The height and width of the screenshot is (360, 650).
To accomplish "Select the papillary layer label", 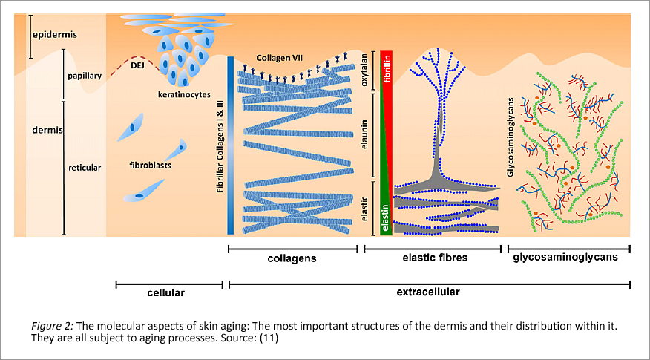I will click(83, 75).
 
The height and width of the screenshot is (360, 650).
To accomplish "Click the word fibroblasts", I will click(151, 165).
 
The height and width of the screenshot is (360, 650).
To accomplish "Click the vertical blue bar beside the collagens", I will click(232, 145).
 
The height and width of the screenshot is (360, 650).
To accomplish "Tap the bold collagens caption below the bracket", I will click(292, 259).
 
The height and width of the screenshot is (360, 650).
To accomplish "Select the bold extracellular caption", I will click(427, 292).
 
